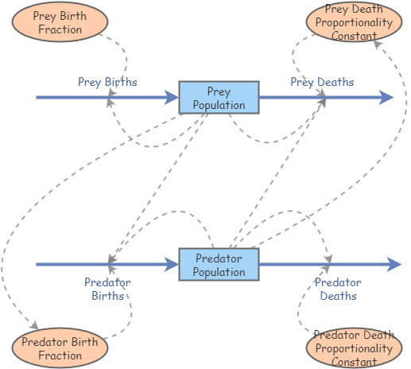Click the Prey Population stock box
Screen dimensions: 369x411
point(219,97)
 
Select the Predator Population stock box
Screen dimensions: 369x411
point(219,265)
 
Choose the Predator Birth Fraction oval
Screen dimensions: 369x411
point(60,348)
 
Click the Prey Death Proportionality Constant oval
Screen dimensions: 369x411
point(354,22)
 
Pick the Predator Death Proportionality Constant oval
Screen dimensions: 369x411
point(354,348)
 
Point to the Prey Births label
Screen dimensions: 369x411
point(107,82)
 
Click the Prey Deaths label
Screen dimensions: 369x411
point(322,82)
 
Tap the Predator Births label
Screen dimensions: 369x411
point(107,289)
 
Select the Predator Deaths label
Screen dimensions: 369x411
point(338,289)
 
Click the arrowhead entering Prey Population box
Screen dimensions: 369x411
point(173,97)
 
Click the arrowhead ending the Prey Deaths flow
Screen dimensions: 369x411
point(386,97)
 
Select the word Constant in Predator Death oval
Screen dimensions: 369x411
point(354,362)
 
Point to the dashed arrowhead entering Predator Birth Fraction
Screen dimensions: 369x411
point(34,326)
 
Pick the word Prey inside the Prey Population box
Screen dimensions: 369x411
point(219,91)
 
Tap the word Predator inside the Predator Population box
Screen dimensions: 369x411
point(219,258)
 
